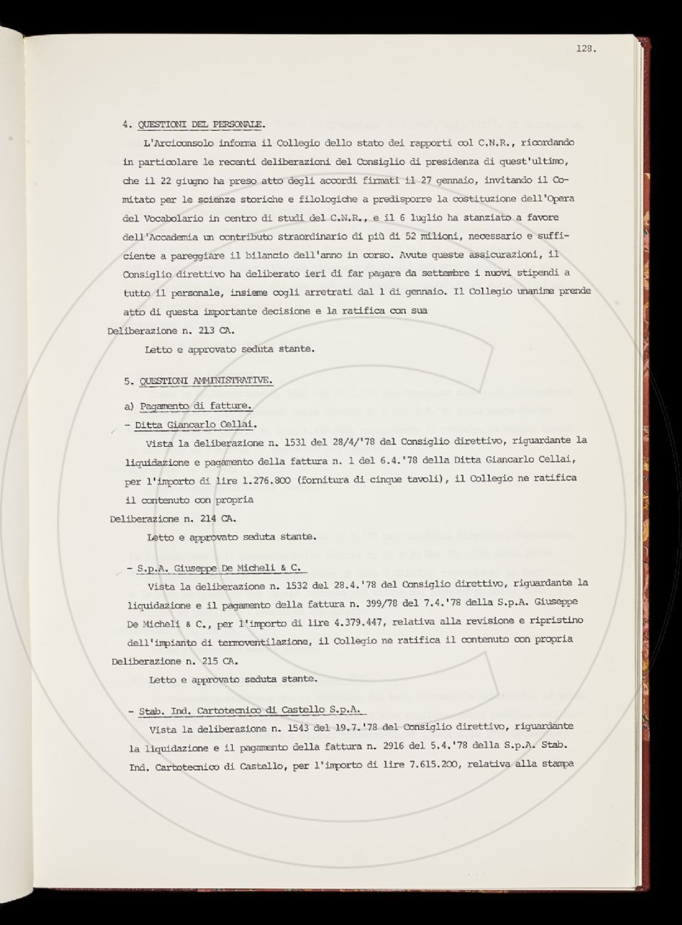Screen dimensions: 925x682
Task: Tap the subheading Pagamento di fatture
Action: (195, 406)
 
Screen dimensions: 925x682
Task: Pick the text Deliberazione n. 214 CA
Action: (173, 518)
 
